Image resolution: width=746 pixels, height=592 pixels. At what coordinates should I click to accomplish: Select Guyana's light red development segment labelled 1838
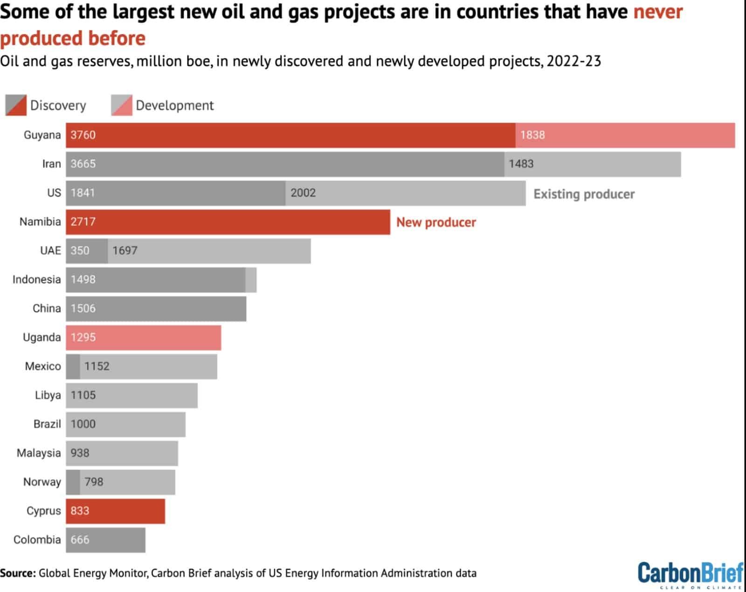(625, 135)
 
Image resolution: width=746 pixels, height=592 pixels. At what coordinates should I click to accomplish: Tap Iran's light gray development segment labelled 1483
(592, 164)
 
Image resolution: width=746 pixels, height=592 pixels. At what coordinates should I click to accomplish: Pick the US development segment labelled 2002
(405, 193)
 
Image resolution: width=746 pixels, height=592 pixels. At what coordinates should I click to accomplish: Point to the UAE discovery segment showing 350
(87, 251)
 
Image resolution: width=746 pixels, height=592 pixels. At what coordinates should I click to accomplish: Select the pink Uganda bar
(143, 337)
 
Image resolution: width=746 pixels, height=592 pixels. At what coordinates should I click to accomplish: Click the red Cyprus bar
(115, 511)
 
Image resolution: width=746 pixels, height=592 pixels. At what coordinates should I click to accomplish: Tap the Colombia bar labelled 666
(105, 540)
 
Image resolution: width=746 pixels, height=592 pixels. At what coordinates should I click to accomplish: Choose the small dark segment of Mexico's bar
(73, 366)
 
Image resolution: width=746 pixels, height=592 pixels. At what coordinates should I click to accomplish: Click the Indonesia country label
(36, 280)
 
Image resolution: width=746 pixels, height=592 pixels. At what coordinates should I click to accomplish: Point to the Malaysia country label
(39, 453)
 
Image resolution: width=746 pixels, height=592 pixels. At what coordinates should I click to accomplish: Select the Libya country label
(48, 395)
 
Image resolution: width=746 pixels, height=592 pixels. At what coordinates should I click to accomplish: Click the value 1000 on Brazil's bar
(83, 424)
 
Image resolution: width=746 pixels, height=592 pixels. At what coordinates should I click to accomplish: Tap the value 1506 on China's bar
(83, 309)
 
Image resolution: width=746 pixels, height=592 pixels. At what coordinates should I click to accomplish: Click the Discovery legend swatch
(16, 105)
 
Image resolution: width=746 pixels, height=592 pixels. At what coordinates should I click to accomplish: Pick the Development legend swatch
(121, 105)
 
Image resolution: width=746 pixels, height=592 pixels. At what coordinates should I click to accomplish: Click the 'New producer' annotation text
(436, 222)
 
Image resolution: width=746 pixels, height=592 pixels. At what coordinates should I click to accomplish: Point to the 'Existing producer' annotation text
(584, 194)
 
